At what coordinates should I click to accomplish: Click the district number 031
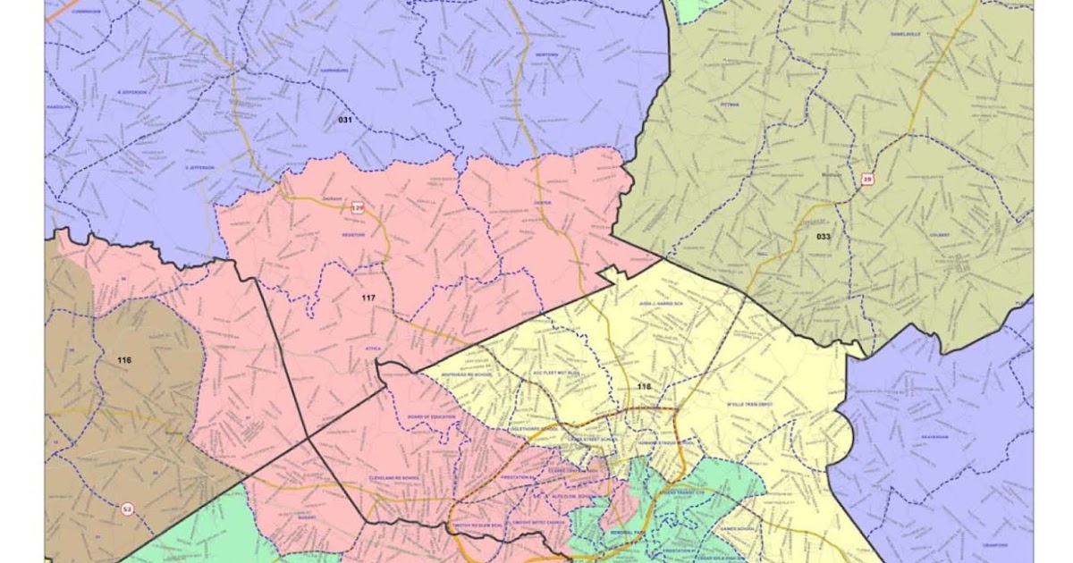click(x=345, y=120)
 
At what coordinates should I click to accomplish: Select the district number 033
click(x=824, y=236)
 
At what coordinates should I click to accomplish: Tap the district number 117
click(x=369, y=296)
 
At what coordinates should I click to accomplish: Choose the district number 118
click(x=644, y=387)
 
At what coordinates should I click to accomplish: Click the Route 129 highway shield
click(x=358, y=208)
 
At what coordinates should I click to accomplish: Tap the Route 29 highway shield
click(x=866, y=180)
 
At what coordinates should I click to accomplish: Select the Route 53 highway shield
click(x=127, y=508)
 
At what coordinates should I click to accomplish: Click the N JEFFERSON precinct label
click(x=131, y=92)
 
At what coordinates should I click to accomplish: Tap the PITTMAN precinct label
click(x=729, y=105)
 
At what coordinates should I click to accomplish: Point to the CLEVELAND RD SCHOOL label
click(x=393, y=478)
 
